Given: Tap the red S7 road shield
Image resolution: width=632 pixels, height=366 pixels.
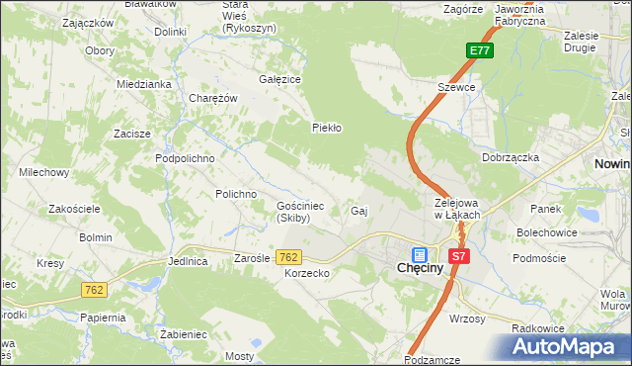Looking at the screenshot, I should pos(457,255).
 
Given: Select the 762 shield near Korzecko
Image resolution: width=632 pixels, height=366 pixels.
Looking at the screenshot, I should pos(288,256).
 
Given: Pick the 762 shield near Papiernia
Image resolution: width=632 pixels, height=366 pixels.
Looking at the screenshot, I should pos(94,290).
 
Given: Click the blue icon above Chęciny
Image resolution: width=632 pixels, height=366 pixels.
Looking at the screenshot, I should pos(420,253).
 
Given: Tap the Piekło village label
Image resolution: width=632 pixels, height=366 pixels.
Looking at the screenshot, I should pos(326,128).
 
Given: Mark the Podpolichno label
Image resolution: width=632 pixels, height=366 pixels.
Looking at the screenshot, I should pos(185,157).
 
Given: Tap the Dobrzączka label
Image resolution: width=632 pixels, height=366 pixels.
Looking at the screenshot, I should pos(510,157).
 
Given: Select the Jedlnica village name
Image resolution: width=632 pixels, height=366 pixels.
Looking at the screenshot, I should pos(188,262).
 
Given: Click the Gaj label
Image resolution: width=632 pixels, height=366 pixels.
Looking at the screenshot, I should pos(359,211).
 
